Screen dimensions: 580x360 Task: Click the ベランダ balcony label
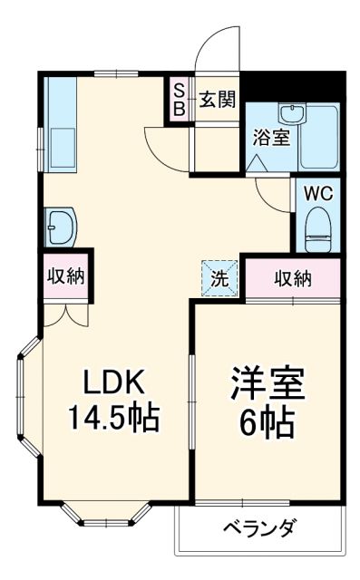point(261,527)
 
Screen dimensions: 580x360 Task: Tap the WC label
point(316,192)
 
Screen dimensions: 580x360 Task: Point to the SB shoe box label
point(180,99)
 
